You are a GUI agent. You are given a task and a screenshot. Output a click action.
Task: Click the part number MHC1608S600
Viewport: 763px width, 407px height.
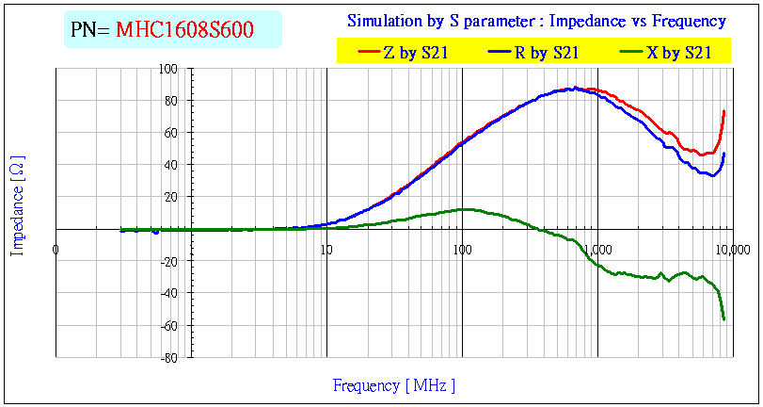click(x=184, y=30)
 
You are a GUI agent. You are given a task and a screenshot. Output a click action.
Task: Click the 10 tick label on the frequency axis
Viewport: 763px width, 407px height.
click(x=326, y=250)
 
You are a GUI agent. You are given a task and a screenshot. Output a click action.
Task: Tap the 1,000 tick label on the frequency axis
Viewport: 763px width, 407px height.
click(x=597, y=250)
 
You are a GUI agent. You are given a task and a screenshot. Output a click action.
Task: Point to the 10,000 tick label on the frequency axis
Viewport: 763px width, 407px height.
click(x=732, y=250)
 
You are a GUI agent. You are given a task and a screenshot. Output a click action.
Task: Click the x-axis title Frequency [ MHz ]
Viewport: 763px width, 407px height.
click(x=393, y=385)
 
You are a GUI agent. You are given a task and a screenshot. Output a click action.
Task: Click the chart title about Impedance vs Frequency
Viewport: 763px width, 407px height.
click(x=536, y=21)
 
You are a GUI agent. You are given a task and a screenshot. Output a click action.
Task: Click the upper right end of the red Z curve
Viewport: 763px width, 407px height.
click(x=723, y=111)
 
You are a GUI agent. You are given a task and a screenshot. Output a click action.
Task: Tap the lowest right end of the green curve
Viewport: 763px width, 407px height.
click(x=723, y=319)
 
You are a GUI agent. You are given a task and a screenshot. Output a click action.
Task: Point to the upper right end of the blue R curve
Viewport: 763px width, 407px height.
click(x=723, y=154)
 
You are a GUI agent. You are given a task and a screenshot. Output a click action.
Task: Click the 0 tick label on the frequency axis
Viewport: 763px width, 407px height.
click(x=56, y=250)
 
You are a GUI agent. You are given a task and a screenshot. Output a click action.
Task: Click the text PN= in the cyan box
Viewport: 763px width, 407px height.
click(x=91, y=30)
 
